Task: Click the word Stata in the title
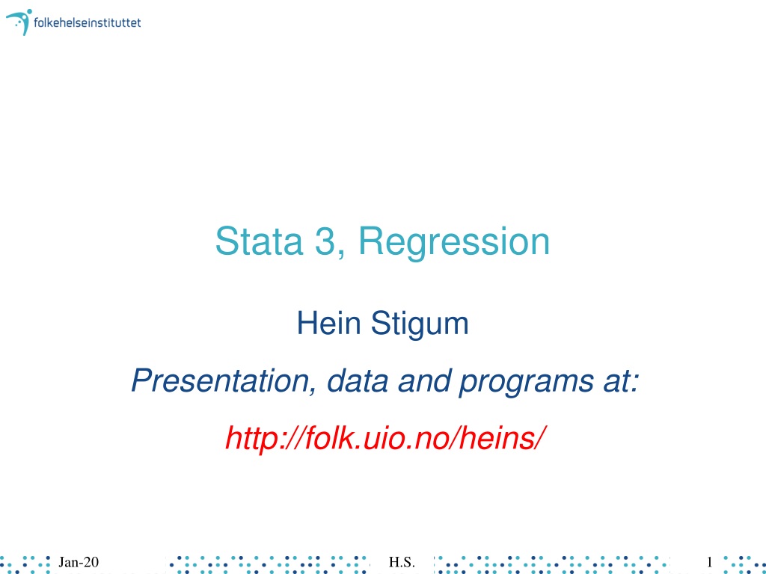[x=259, y=241]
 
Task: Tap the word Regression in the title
[x=454, y=243]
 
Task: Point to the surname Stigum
[x=420, y=325]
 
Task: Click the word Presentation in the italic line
[x=220, y=380]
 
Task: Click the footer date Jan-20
[x=78, y=562]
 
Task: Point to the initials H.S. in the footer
[x=402, y=562]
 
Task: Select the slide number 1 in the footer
[x=709, y=562]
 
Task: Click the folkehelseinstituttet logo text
[x=87, y=22]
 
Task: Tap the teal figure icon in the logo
[x=19, y=22]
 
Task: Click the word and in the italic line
[x=423, y=380]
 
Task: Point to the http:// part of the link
[x=264, y=438]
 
